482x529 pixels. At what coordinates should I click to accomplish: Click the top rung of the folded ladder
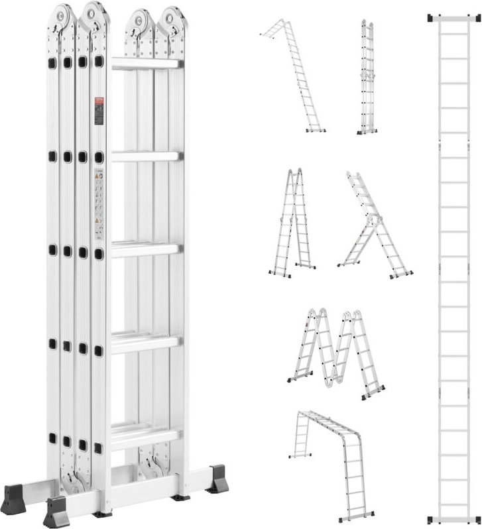pos(146,64)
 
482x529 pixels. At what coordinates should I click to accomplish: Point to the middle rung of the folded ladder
pos(145,250)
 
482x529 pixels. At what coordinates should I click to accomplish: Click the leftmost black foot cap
pos(13,495)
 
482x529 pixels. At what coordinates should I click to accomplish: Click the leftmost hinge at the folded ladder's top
pos(64,16)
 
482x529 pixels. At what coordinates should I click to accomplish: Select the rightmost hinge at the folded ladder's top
pos(173,19)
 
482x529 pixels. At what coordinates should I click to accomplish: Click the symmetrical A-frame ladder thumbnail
pos(292,222)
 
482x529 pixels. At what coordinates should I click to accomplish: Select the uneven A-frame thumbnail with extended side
pos(375,225)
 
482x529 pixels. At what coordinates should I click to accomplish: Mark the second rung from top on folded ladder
pos(145,156)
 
